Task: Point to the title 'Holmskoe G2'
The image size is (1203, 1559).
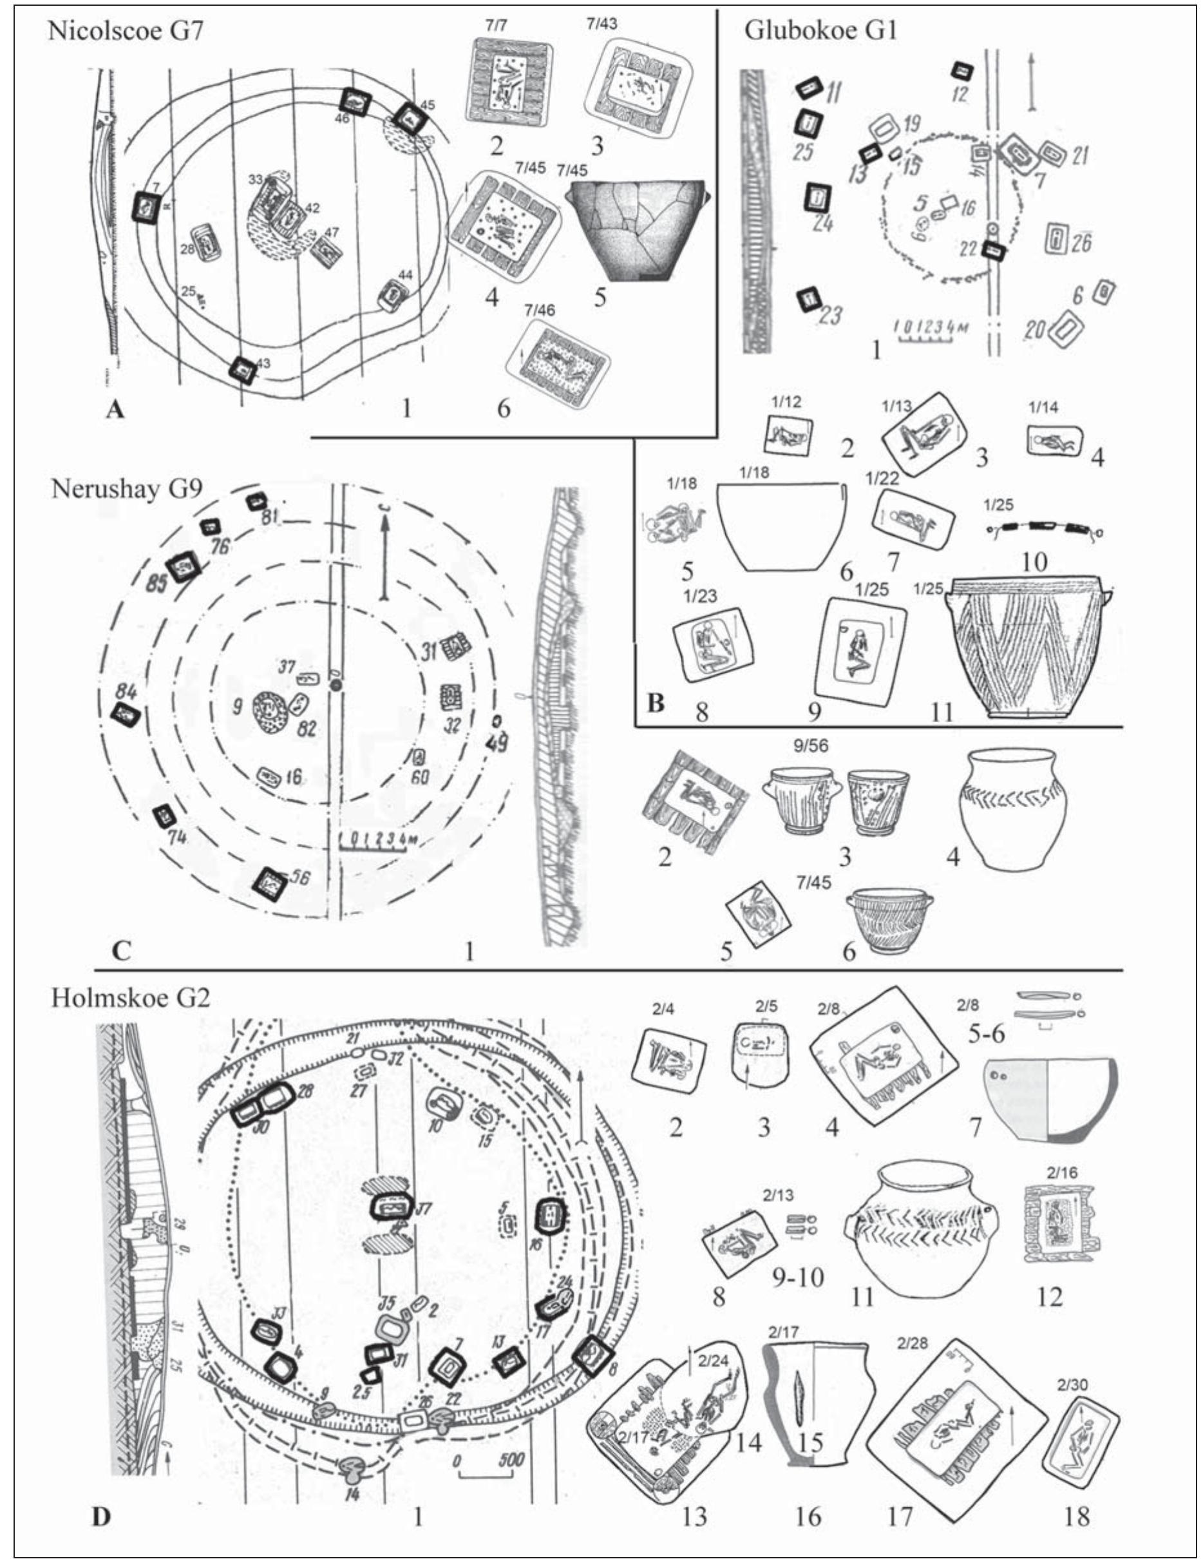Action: pos(130,997)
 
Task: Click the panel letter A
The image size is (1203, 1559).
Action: pos(113,410)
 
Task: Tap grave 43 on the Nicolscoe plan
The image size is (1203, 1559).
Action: pos(243,370)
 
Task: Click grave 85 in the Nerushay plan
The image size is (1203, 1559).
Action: pos(181,568)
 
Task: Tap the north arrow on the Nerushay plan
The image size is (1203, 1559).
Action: pos(385,557)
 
